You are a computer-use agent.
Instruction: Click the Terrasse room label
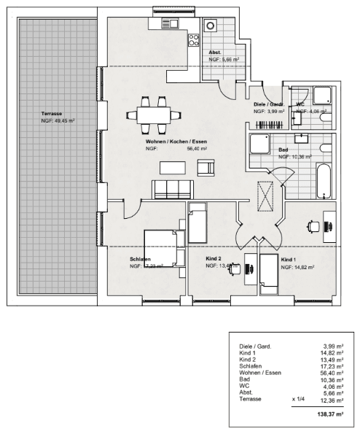coord(52,114)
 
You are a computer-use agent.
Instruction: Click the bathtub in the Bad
coord(324,181)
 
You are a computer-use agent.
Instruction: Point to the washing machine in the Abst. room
coord(211,26)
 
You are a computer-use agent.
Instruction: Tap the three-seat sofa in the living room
coord(172,190)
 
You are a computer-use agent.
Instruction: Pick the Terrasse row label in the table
coord(251,399)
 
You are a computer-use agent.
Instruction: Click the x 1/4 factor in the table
coord(297,399)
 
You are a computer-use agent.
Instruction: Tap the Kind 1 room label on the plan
coord(289,260)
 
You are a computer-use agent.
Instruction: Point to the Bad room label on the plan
coord(283,149)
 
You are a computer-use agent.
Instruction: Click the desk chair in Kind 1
coord(314,226)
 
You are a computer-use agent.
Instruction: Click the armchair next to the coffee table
coord(206,168)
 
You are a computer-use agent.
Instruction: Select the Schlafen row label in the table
coord(252,366)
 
